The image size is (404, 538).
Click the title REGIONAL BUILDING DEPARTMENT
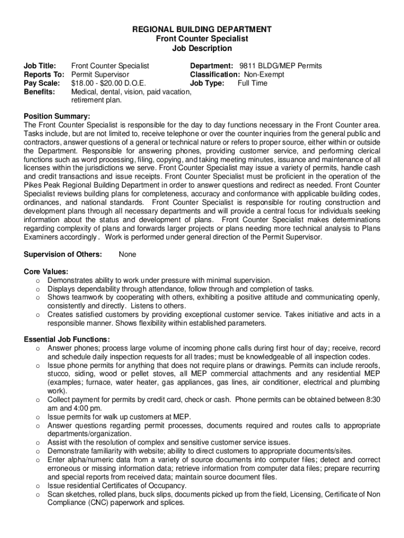(x=202, y=29)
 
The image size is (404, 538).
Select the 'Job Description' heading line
(x=202, y=48)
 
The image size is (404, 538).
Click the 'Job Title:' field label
(x=40, y=66)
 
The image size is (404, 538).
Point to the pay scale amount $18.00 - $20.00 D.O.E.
(x=109, y=83)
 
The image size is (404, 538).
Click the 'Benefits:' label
(x=39, y=92)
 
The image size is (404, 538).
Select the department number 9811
(x=247, y=66)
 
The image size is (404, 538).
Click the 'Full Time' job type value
(x=252, y=83)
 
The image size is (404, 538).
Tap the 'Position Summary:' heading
(x=57, y=116)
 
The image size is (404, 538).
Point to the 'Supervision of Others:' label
(x=63, y=254)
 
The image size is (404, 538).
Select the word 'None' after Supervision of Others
(x=127, y=254)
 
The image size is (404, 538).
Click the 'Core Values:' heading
(x=46, y=272)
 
